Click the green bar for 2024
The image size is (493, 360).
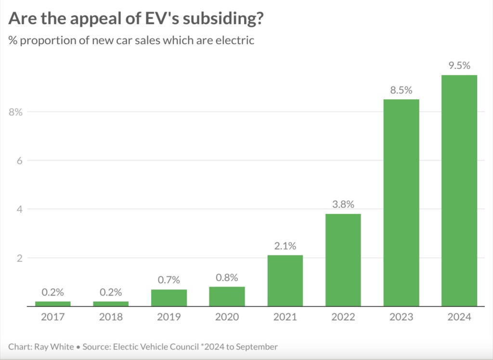coord(459,190)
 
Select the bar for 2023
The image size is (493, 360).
coord(401,202)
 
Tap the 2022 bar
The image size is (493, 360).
coord(343,260)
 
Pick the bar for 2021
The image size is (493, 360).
coord(285,280)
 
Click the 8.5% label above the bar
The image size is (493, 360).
coord(401,90)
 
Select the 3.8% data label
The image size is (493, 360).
coord(343,204)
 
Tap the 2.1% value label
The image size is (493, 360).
coord(285,246)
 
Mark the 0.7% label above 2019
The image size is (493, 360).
coord(169,280)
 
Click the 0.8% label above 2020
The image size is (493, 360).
coord(227,278)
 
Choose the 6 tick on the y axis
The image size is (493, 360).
coord(20,160)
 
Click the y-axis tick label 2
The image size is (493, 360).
coord(20,258)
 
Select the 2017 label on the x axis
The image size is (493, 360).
coord(52,317)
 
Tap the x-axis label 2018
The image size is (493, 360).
coord(111,317)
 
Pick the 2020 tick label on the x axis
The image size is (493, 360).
coord(227,317)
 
